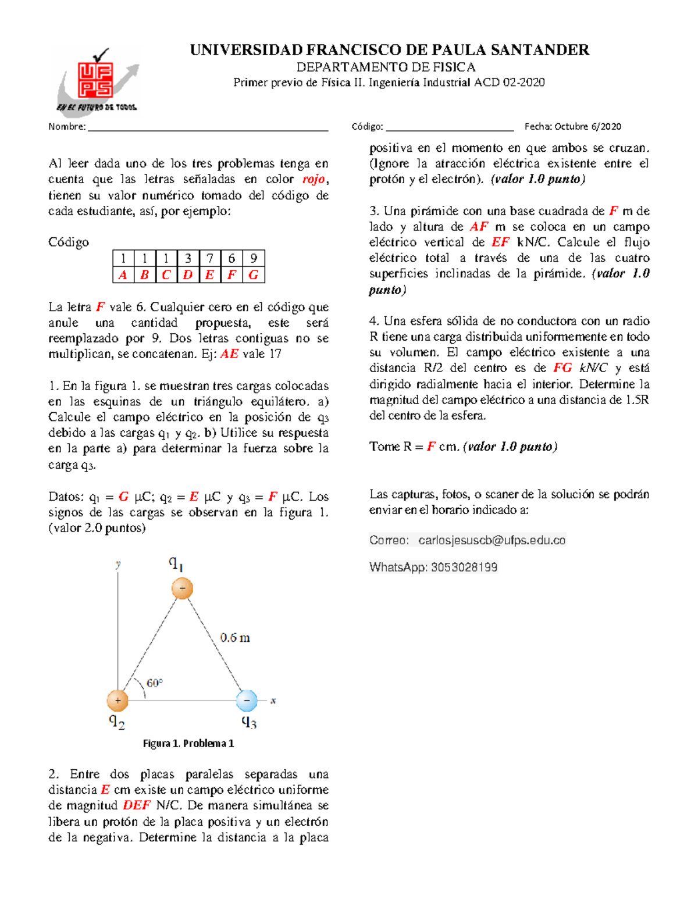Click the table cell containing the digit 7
(209, 258)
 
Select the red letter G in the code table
(254, 275)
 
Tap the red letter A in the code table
(123, 275)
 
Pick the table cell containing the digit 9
(254, 258)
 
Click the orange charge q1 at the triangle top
(182, 588)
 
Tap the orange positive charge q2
(117, 701)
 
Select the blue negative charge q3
(247, 701)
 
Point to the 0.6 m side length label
(235, 638)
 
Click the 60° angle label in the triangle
(154, 683)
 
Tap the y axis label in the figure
(118, 563)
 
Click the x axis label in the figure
(273, 701)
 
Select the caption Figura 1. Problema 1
(188, 743)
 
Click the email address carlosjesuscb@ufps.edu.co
(492, 540)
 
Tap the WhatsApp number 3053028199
(464, 568)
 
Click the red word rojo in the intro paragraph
(314, 179)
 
